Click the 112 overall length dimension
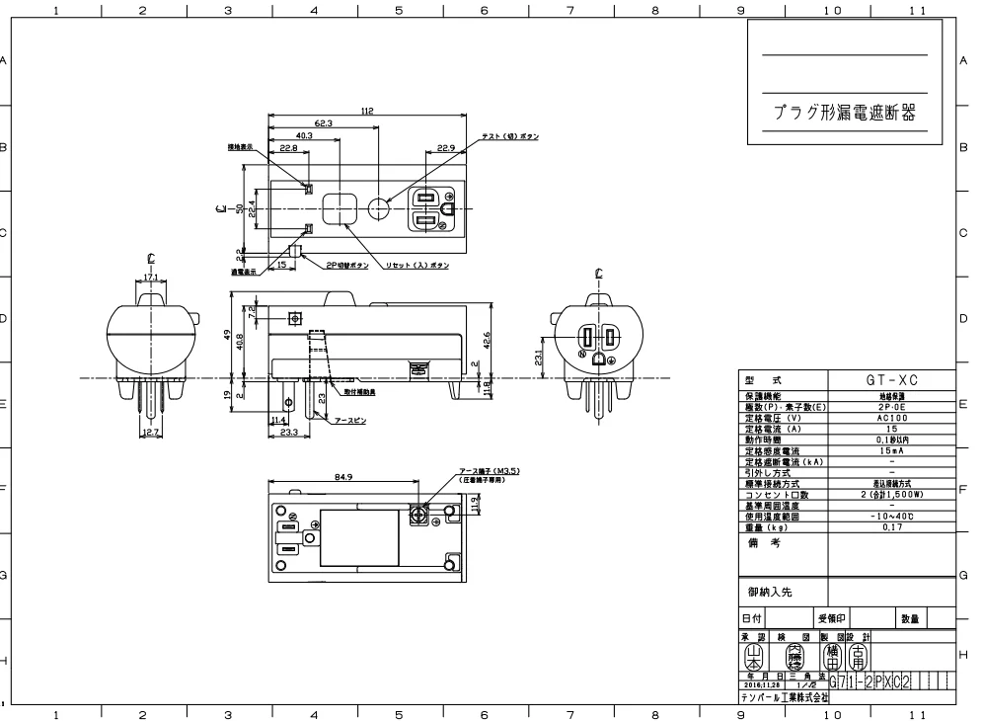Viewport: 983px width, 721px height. click(367, 112)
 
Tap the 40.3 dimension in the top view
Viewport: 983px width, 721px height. click(304, 135)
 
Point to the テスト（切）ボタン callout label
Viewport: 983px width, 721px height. click(510, 136)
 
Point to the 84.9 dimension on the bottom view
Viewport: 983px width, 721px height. click(344, 476)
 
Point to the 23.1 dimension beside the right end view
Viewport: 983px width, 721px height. click(538, 356)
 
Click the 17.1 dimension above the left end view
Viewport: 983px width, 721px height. click(151, 278)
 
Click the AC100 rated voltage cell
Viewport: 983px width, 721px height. click(890, 417)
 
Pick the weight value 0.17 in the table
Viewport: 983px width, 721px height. click(890, 528)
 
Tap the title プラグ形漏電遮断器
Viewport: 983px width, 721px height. click(843, 114)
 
